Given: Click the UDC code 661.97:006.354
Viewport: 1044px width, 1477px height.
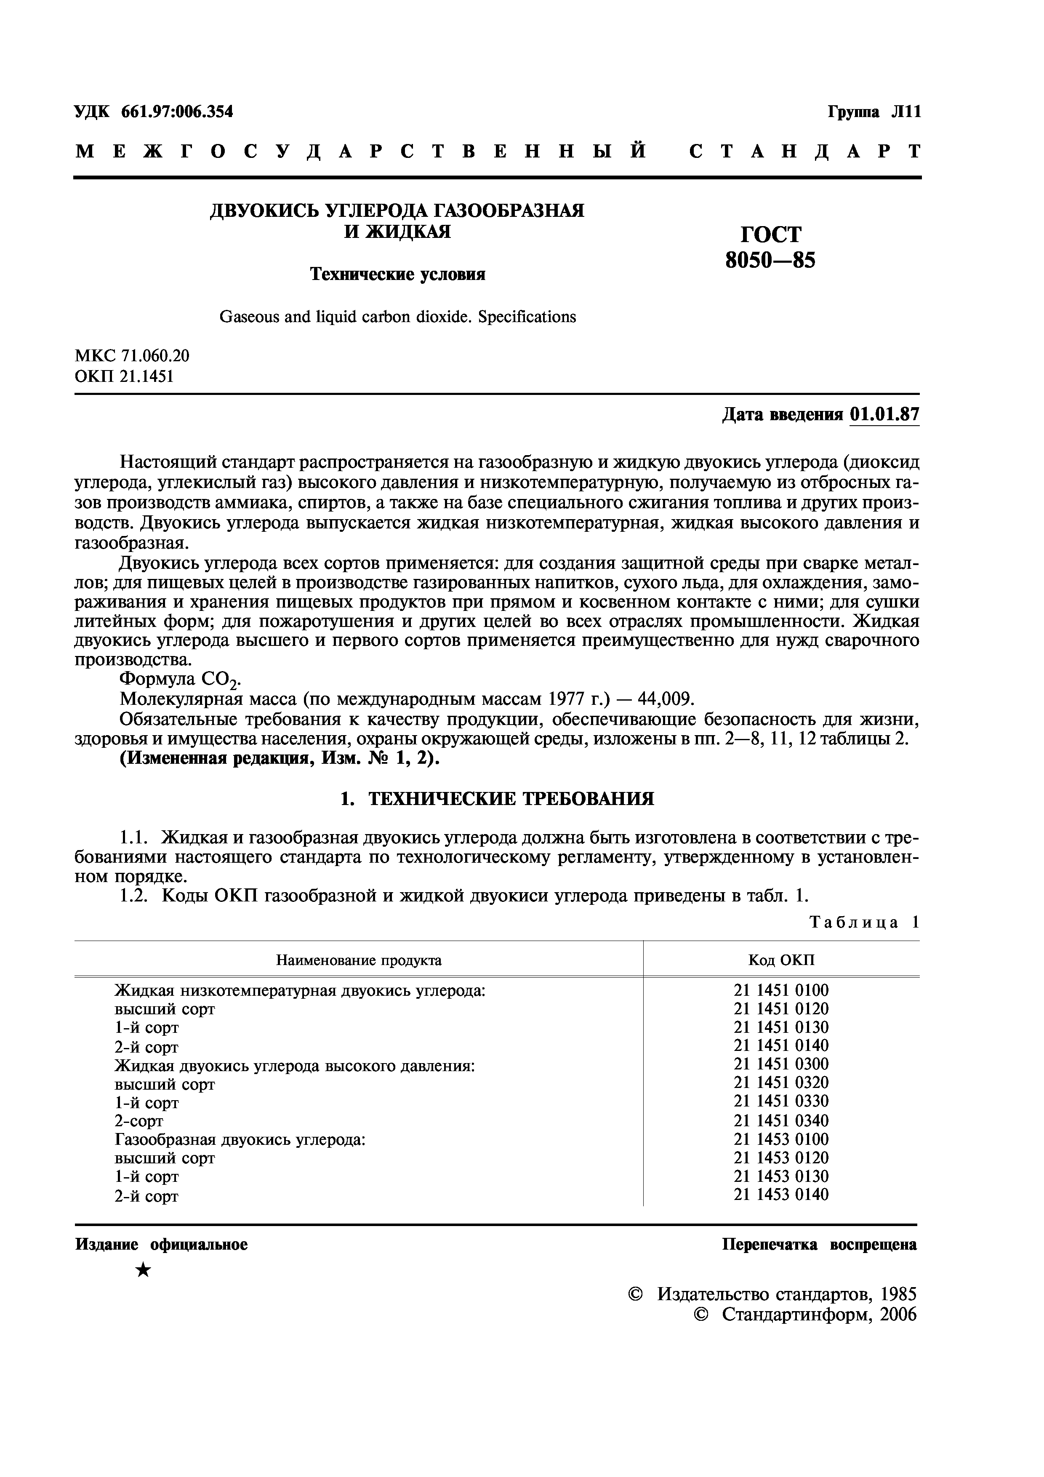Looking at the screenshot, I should pos(177,112).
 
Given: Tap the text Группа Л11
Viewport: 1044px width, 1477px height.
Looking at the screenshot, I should pos(874,112).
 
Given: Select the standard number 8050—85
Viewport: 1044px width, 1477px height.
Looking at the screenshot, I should pos(770,261).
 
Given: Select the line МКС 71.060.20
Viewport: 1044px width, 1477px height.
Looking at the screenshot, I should pos(133,356).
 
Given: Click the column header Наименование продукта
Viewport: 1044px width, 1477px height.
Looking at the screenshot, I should pos(359,960).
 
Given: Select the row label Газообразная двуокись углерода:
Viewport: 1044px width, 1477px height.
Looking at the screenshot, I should pos(240,1140).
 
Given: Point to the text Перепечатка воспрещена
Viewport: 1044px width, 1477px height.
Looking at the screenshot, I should pos(819,1245).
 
